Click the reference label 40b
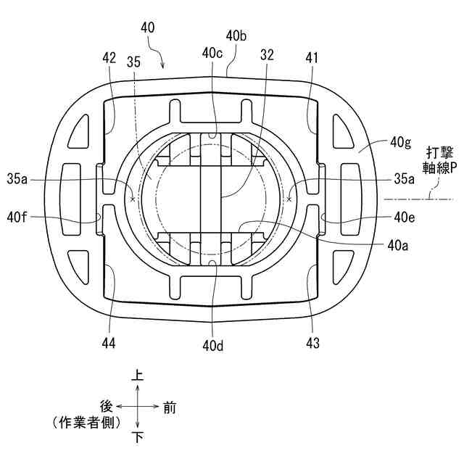(x=238, y=35)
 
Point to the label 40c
(x=213, y=53)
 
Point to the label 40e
(x=404, y=216)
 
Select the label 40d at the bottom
(x=212, y=347)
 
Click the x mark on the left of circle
(x=131, y=197)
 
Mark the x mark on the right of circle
(x=289, y=197)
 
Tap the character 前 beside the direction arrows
(x=169, y=407)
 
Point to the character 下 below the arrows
(x=137, y=437)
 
